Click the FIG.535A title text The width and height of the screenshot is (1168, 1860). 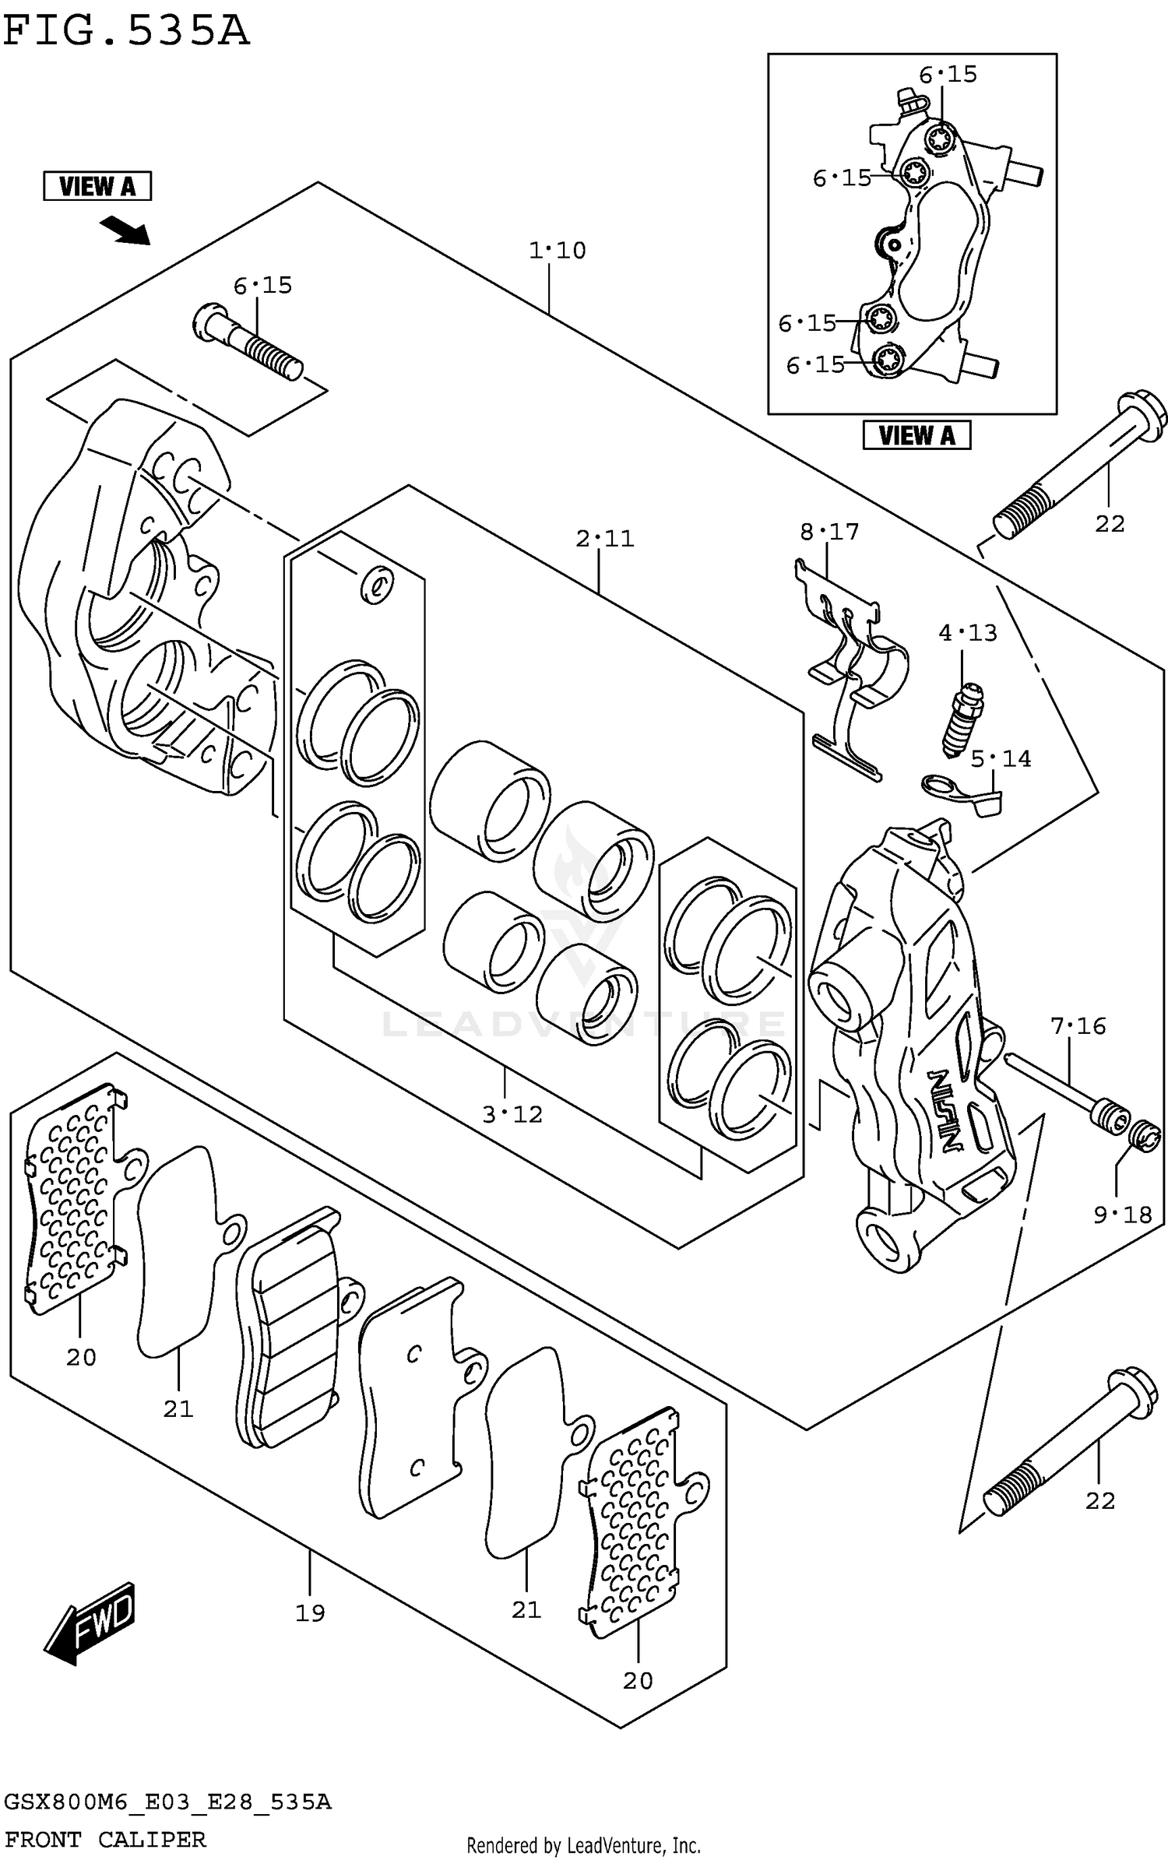point(126,31)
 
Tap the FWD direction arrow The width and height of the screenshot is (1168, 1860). point(92,1623)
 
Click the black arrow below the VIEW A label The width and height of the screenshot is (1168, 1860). point(125,230)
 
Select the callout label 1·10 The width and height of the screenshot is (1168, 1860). point(557,251)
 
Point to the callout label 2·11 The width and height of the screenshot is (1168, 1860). point(605,539)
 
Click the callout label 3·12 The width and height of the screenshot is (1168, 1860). point(512,1115)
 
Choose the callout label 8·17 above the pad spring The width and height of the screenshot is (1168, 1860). point(829,533)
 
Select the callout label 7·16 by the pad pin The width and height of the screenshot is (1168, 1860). point(1078,1026)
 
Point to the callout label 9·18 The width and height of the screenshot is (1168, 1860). point(1122,1215)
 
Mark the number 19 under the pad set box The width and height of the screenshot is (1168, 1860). point(309,1612)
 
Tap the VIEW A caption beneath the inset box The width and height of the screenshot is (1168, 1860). point(916,435)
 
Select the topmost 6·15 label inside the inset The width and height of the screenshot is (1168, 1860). point(948,75)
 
